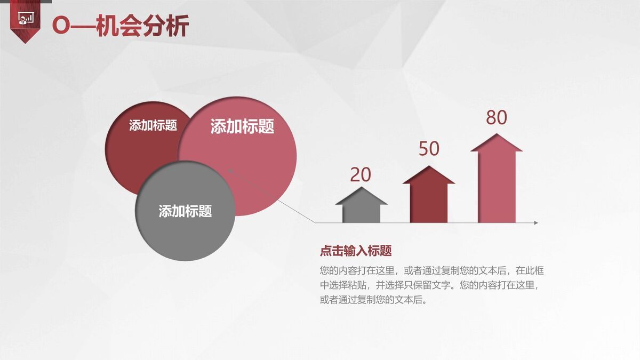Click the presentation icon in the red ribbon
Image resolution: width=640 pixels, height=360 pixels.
click(x=25, y=19)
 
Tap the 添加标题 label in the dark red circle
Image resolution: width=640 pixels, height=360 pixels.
click(x=153, y=125)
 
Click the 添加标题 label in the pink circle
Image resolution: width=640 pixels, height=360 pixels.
click(x=242, y=126)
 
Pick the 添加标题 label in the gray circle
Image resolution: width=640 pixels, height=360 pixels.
click(x=185, y=211)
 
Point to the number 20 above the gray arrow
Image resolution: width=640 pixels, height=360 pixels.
click(x=361, y=175)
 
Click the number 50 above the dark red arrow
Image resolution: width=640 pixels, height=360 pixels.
click(x=429, y=149)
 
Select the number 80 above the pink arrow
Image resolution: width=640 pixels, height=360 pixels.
click(x=496, y=118)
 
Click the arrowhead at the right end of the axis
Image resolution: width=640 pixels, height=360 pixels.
click(x=535, y=222)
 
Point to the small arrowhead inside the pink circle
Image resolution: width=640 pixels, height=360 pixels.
click(x=231, y=171)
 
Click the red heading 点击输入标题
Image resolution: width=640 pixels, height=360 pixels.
click(x=356, y=251)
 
